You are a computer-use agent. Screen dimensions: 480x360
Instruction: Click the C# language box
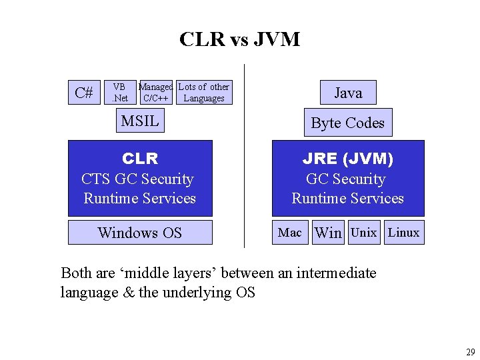tap(84, 93)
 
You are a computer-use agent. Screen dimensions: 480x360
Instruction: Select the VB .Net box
tap(120, 93)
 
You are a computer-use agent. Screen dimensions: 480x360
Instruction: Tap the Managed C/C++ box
tap(156, 93)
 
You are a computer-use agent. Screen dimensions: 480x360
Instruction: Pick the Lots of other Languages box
tap(204, 93)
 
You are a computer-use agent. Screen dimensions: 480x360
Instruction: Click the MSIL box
tap(140, 120)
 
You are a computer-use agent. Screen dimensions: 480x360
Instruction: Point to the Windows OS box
tap(140, 233)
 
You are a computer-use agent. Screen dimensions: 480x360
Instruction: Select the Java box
tap(349, 93)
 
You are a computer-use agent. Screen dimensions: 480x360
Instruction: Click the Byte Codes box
tap(348, 123)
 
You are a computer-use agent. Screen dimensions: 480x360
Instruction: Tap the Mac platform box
tap(290, 233)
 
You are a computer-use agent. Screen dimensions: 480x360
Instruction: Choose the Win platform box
tap(328, 233)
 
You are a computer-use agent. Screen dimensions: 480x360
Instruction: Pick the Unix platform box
tap(364, 233)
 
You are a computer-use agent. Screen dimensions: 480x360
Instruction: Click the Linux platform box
tap(405, 233)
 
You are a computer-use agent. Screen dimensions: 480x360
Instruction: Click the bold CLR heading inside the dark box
tap(140, 159)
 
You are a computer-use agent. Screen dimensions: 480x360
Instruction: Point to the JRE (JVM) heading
tap(348, 159)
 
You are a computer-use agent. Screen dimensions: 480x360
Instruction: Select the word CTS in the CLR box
tap(95, 179)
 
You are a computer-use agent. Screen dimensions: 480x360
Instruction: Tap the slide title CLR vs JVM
tap(240, 39)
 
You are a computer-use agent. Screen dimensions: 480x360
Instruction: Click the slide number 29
tap(471, 352)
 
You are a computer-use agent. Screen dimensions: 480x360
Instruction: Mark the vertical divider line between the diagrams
tap(244, 156)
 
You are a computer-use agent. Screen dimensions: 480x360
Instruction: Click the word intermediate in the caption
tap(336, 273)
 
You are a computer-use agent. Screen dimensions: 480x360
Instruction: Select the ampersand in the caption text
tap(129, 292)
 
